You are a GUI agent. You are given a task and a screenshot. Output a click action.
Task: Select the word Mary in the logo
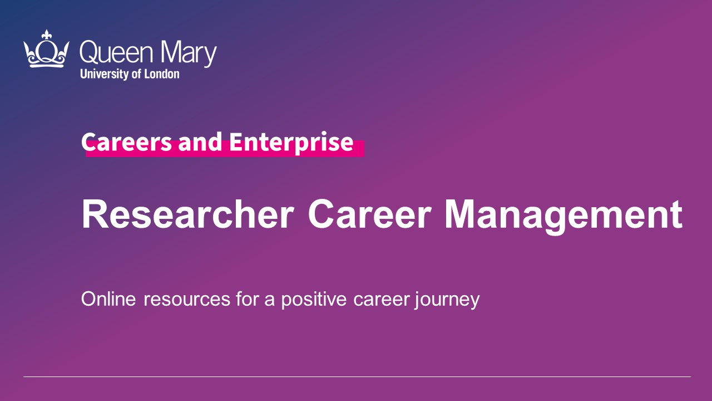[x=189, y=54]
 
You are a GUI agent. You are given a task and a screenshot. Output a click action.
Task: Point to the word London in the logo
[x=162, y=74]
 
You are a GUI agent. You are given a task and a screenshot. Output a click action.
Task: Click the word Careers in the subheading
[x=126, y=142]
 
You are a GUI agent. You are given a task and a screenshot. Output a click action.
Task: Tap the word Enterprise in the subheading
[x=291, y=143]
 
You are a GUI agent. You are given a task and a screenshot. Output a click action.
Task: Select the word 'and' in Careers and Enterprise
[x=200, y=142]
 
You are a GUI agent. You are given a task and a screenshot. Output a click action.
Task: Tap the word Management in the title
[x=563, y=217]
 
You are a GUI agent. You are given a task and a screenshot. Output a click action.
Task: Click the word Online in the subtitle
[x=108, y=299]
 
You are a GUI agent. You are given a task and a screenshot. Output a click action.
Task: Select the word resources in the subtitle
[x=187, y=300]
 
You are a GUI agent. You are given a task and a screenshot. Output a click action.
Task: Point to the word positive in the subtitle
[x=314, y=300]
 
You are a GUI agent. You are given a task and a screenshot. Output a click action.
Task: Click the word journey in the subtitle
[x=447, y=300]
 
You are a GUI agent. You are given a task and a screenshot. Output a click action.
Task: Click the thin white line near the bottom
[x=357, y=377]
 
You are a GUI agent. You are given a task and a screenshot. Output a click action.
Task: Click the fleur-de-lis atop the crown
[x=47, y=35]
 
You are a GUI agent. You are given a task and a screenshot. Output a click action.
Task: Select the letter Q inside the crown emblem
[x=47, y=52]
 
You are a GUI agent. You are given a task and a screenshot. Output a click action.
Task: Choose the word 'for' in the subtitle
[x=248, y=299]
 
